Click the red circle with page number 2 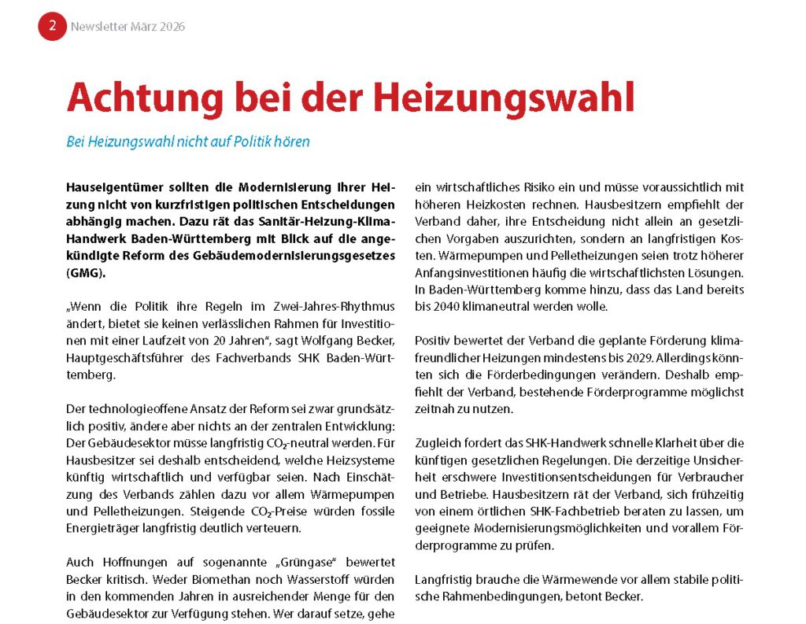[52, 26]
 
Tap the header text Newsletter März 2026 [128, 27]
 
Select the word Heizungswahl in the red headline [502, 98]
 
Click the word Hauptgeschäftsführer [121, 357]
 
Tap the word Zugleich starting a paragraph [439, 442]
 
